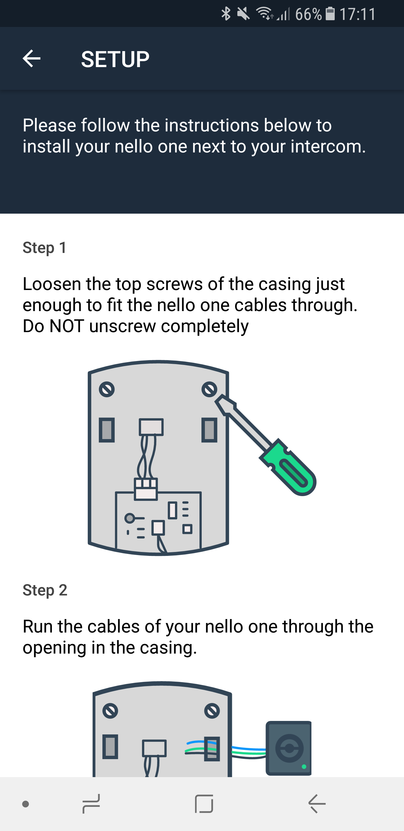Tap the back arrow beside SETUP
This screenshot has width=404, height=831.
tap(31, 58)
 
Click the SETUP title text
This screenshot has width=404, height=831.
tap(115, 59)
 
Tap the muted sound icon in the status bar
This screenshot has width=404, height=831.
tap(243, 14)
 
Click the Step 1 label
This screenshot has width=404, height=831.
tap(45, 248)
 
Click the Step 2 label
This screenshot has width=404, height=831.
tap(45, 590)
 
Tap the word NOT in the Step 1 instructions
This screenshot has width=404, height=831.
tap(67, 326)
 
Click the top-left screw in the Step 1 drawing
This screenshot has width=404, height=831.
tap(107, 389)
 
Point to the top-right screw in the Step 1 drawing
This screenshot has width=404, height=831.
tap(209, 389)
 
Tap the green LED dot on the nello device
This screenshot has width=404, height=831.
tap(304, 767)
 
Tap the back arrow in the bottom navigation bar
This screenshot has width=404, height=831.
tap(317, 803)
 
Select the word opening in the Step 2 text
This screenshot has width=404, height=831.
tap(54, 648)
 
